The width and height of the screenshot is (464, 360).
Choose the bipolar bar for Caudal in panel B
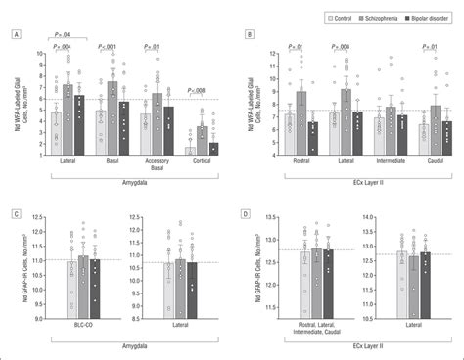448,138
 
